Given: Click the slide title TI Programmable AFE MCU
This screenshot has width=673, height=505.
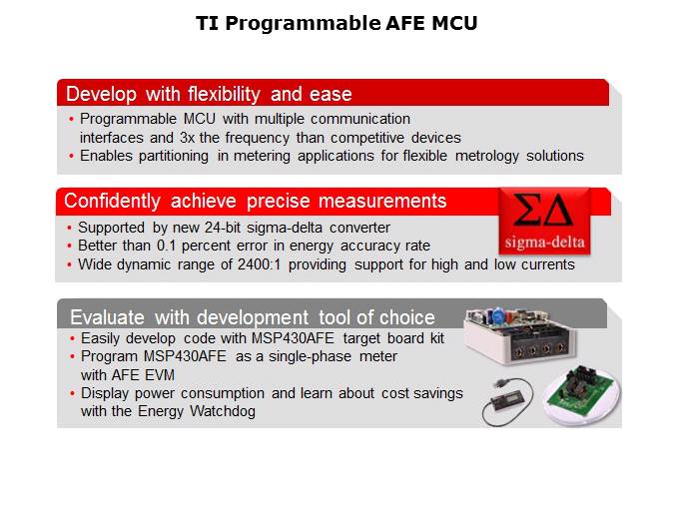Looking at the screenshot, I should (x=336, y=23).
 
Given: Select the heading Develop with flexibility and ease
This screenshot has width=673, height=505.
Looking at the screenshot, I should (x=209, y=94).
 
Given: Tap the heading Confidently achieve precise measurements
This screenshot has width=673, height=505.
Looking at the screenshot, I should (x=255, y=201).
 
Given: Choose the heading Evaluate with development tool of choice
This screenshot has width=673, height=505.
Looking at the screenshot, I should (x=252, y=317).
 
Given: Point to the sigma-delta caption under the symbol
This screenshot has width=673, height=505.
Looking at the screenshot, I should (x=544, y=243).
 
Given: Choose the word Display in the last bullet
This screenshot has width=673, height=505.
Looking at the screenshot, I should (x=106, y=392).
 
